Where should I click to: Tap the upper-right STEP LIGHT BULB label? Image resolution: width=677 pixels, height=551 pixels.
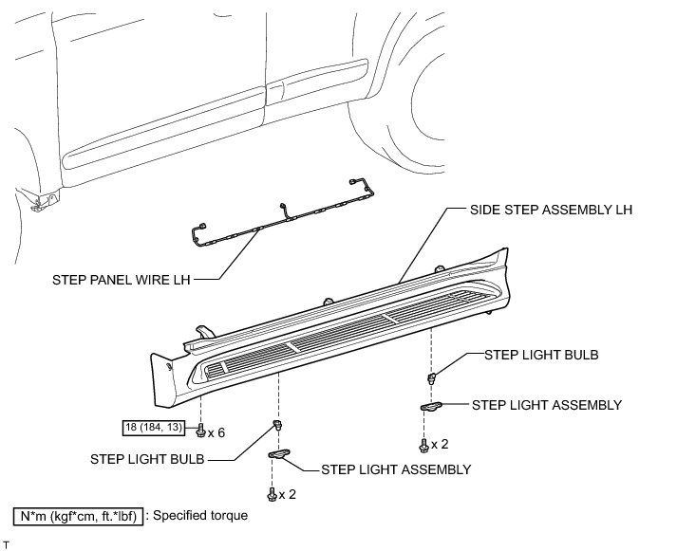[541, 355]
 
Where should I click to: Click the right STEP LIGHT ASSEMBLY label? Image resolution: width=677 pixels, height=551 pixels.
[548, 405]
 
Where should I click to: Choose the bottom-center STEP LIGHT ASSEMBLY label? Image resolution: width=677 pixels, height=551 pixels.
[396, 468]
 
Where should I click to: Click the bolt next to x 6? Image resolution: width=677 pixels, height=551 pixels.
[200, 432]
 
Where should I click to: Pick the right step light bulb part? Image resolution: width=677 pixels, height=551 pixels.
[432, 376]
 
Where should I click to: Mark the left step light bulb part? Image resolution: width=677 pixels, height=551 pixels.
[279, 425]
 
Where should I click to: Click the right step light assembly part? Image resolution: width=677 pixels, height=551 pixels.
[432, 406]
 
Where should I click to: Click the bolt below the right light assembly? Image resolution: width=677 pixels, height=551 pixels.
[423, 444]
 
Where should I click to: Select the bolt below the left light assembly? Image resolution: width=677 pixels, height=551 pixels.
[272, 493]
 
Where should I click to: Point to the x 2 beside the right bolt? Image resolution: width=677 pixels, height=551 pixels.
[440, 444]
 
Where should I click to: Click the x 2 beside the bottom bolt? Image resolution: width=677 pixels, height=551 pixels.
[289, 493]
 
